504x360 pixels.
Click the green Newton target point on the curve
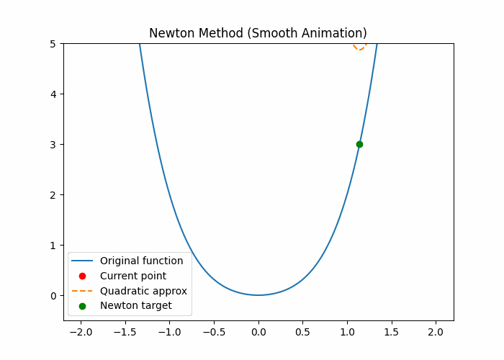(x=359, y=144)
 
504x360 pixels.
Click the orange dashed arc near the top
(x=360, y=48)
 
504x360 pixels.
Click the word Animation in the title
(x=333, y=33)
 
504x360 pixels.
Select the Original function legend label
(x=141, y=261)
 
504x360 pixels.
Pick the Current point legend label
(x=133, y=276)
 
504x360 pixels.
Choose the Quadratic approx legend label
(x=143, y=291)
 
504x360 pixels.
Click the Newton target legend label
(x=135, y=306)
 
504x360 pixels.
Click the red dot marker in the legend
(x=82, y=276)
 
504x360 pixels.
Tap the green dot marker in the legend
(x=82, y=306)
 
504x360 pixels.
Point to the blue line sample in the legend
(x=82, y=261)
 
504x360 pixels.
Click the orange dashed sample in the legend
(x=82, y=291)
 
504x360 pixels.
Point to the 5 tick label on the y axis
(x=53, y=44)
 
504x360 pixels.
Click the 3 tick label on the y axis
(x=53, y=145)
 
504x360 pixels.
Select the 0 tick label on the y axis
(x=53, y=295)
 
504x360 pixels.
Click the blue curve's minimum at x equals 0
(x=258, y=294)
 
